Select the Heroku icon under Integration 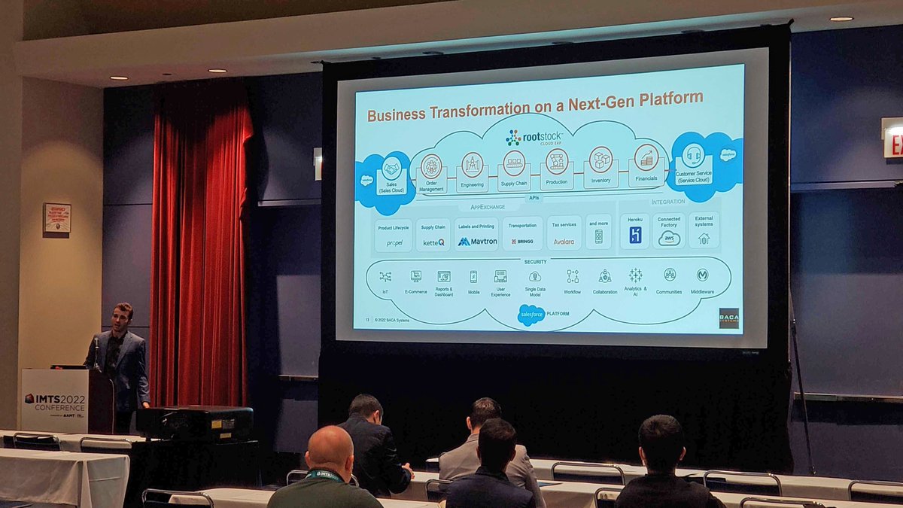coord(635,236)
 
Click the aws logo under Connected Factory coord(668,239)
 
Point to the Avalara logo coord(564,242)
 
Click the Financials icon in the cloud coord(646,158)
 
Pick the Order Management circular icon coord(431,166)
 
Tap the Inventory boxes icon coord(600,160)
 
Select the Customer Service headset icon coord(693,155)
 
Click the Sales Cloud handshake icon coord(391,169)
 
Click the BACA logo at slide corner coord(728,318)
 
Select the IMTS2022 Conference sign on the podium coord(54,400)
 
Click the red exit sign coord(892,138)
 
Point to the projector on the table coord(195,423)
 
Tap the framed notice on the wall coord(57,218)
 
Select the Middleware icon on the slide coord(702,275)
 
